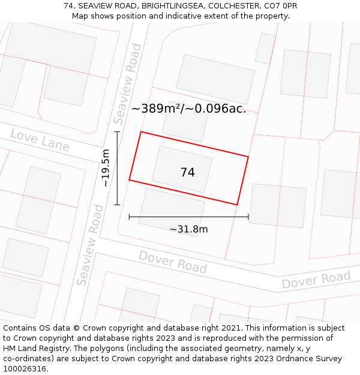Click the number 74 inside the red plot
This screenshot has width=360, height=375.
tap(187, 172)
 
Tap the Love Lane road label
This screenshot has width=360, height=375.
tap(40, 140)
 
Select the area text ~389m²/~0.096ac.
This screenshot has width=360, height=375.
tap(188, 109)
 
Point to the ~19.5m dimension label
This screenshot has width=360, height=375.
tap(106, 168)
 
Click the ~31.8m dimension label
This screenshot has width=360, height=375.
tap(188, 229)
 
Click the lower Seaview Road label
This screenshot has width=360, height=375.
tap(89, 245)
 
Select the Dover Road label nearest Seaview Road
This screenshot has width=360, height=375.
tap(173, 262)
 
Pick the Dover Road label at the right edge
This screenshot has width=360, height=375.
tap(316, 280)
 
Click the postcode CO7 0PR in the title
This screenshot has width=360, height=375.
tap(281, 6)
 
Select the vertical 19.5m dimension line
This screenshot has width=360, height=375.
tap(118, 168)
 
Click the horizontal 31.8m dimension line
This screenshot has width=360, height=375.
tap(188, 217)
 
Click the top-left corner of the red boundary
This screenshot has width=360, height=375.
tap(141, 132)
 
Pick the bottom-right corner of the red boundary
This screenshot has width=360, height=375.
tap(237, 205)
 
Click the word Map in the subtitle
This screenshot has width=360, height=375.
tap(80, 16)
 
